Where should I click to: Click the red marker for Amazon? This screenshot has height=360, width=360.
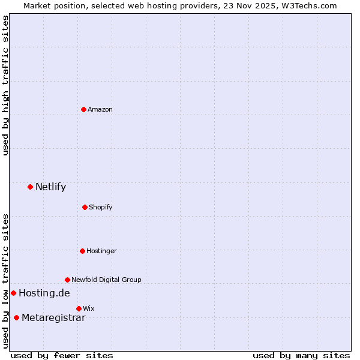[83, 109]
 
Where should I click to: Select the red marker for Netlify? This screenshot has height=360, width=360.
[30, 187]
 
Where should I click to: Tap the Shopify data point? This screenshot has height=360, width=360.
[85, 207]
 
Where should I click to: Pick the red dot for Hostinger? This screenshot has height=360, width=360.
[82, 251]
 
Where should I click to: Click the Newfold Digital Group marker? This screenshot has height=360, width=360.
[67, 280]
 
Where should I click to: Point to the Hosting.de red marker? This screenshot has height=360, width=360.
[13, 293]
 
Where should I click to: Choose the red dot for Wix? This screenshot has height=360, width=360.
[79, 308]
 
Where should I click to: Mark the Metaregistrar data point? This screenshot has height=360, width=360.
[16, 317]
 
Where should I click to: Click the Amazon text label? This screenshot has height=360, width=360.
[100, 109]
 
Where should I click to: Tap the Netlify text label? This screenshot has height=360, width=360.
[50, 187]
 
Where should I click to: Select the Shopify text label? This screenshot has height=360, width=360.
[101, 207]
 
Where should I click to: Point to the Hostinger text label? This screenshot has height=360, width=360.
[101, 251]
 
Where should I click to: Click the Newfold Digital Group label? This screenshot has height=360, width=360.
[106, 280]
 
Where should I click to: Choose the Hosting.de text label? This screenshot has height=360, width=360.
[44, 293]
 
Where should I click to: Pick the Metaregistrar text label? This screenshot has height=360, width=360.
[53, 317]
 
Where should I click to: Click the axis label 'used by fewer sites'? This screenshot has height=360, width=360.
[62, 355]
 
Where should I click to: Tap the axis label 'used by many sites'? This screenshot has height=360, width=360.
[301, 355]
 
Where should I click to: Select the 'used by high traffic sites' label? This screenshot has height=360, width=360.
[5, 85]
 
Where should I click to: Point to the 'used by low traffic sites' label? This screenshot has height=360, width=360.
[5, 281]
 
